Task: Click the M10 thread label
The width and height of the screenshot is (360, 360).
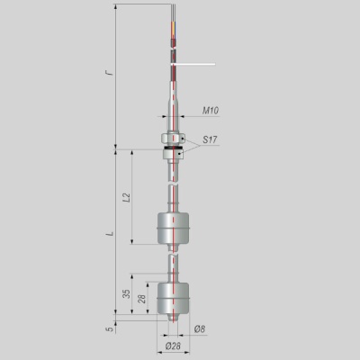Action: click(x=211, y=111)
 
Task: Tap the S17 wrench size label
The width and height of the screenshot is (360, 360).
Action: click(x=210, y=139)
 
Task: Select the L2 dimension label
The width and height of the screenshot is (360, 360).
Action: click(x=127, y=197)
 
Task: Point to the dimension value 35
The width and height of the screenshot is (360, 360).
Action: click(x=127, y=293)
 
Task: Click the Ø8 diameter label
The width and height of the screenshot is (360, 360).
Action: click(x=200, y=329)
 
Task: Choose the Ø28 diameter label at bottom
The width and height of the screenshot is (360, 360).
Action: click(x=173, y=346)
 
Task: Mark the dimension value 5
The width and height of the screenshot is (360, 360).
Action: click(x=111, y=329)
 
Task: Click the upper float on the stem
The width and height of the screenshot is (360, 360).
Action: click(x=174, y=229)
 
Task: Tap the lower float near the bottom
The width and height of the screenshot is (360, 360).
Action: click(x=174, y=298)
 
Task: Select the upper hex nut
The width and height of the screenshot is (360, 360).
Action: click(x=173, y=139)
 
